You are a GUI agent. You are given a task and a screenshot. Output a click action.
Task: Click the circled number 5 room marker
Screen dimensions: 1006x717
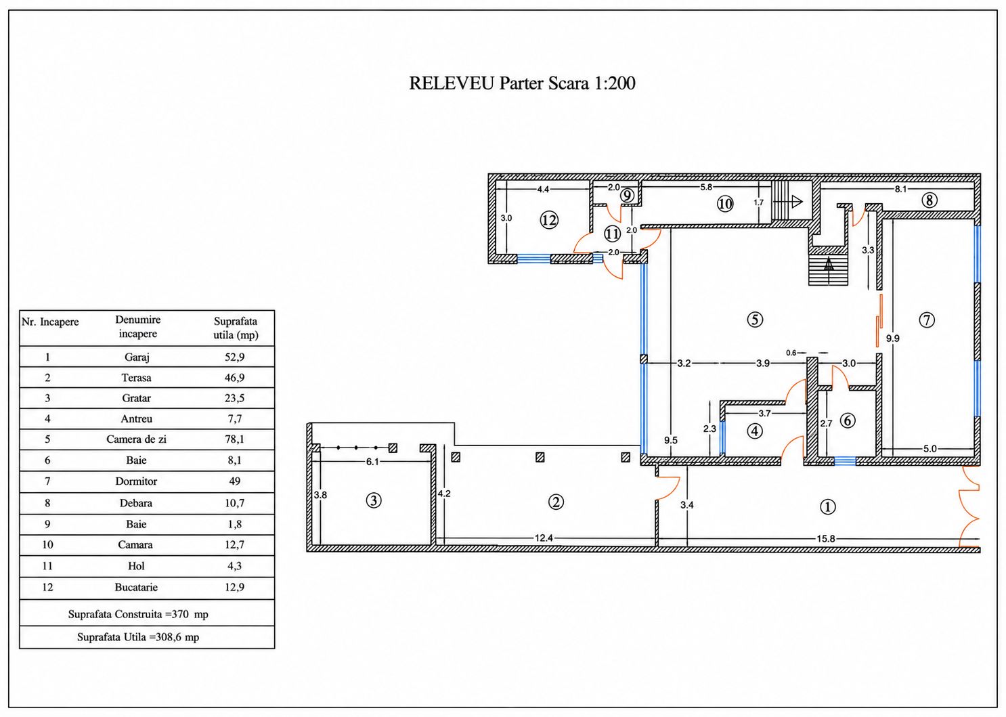[755, 320]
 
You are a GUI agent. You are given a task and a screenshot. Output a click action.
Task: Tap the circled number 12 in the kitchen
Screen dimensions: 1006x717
[549, 221]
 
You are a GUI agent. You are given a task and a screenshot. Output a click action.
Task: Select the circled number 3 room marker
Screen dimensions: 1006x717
[374, 500]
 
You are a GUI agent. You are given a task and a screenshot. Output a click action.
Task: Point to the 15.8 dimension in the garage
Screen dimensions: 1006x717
[825, 539]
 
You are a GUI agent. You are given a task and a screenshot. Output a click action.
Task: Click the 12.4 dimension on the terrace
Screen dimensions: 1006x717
[544, 538]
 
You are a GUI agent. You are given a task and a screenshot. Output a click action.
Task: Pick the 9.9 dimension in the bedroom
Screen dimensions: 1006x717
[892, 339]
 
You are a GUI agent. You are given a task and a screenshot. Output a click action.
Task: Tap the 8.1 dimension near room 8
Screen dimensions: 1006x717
[900, 189]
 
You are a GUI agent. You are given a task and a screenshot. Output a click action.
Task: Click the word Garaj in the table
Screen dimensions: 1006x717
[137, 357]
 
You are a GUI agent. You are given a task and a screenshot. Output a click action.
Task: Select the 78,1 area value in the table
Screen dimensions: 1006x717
[234, 439]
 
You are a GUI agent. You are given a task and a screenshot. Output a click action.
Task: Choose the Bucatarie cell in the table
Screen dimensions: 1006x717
[136, 587]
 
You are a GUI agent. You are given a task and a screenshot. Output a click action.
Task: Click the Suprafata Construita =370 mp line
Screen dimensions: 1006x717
[138, 614]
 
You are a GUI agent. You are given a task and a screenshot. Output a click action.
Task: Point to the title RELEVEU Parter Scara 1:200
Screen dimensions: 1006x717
[522, 83]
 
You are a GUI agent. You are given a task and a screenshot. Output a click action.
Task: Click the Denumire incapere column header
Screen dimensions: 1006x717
[138, 326]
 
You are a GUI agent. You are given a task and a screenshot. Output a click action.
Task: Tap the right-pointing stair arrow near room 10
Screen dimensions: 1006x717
[788, 201]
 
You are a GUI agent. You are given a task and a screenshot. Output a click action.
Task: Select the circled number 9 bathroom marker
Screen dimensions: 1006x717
[627, 196]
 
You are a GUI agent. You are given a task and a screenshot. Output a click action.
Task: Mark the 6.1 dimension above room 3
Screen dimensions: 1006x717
[372, 462]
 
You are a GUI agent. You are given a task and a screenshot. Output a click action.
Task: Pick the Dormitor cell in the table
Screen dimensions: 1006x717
[136, 481]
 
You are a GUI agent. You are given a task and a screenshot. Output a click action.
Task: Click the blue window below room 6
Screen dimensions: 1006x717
[845, 461]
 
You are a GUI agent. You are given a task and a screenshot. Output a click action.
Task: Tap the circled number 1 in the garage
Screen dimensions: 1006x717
[828, 506]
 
